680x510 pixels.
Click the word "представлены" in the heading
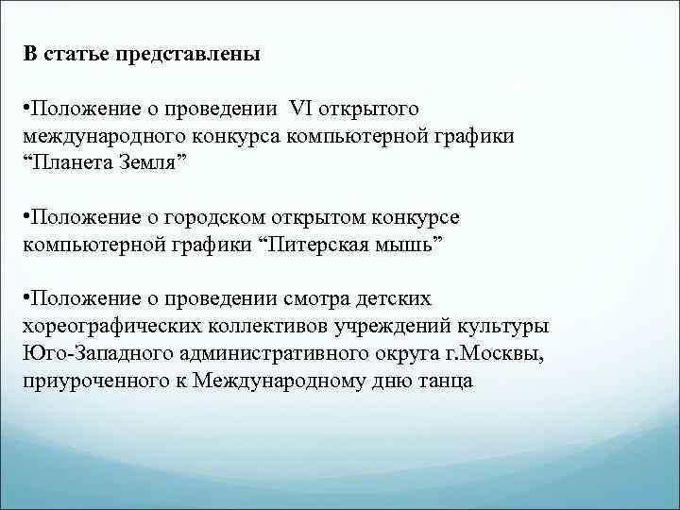[187, 54]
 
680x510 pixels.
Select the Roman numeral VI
[311, 111]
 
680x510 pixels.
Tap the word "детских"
[396, 299]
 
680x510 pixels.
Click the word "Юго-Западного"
[88, 352]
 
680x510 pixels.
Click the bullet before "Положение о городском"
[27, 219]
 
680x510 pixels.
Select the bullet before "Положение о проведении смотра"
[27, 300]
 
